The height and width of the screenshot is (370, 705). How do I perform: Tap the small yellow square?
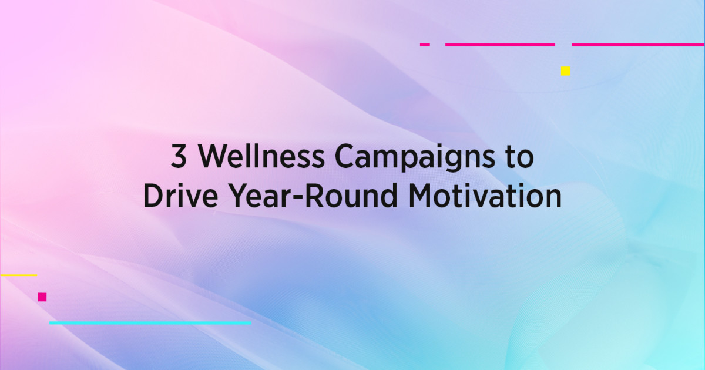click(565, 71)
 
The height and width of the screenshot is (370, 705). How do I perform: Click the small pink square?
click(42, 297)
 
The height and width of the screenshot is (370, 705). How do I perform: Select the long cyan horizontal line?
click(150, 323)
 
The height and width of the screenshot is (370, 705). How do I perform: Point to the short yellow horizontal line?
click(19, 275)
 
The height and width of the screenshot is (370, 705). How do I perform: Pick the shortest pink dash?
click(425, 44)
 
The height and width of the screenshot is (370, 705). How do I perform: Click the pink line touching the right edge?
click(638, 44)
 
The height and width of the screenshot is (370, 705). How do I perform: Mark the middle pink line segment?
click(500, 44)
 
